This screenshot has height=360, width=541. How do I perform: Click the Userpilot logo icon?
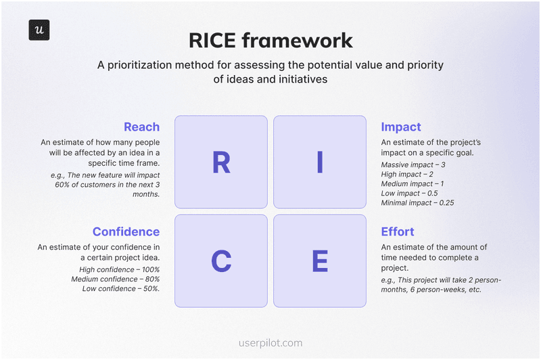[39, 30]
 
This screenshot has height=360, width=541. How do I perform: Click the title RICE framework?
[270, 40]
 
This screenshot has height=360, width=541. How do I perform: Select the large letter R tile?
[221, 162]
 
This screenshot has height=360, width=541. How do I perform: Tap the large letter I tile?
[320, 162]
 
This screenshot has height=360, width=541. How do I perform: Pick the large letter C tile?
[221, 261]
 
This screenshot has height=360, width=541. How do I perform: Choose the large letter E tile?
[320, 261]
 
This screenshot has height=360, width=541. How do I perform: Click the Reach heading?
[141, 127]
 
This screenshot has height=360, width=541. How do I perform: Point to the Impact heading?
[401, 127]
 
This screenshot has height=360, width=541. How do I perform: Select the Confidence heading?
[126, 231]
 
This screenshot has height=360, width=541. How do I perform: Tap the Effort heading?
[398, 231]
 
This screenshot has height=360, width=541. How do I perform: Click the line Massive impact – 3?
[413, 165]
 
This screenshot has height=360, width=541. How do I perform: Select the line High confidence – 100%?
[119, 270]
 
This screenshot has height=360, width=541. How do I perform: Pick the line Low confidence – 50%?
[121, 289]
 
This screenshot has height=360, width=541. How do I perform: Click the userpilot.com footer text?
[270, 343]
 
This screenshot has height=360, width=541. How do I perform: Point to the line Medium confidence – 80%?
[115, 279]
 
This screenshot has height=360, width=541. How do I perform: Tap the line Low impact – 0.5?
[409, 194]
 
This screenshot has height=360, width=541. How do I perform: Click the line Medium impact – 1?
[413, 184]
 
